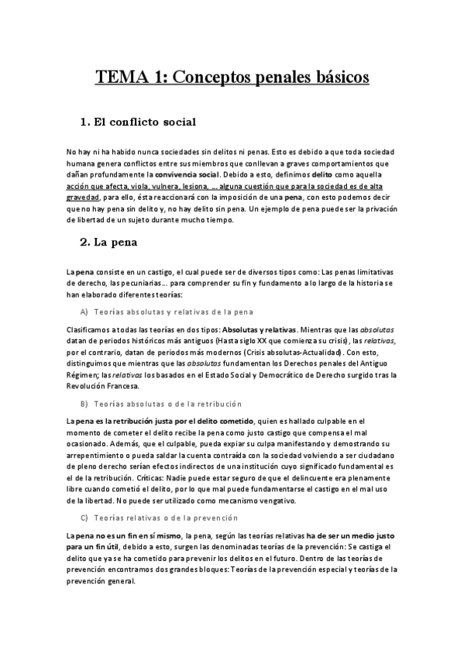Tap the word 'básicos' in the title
[x=334, y=77]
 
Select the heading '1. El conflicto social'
[x=138, y=122]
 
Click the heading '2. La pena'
[x=109, y=243]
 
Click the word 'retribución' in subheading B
[x=220, y=404]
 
